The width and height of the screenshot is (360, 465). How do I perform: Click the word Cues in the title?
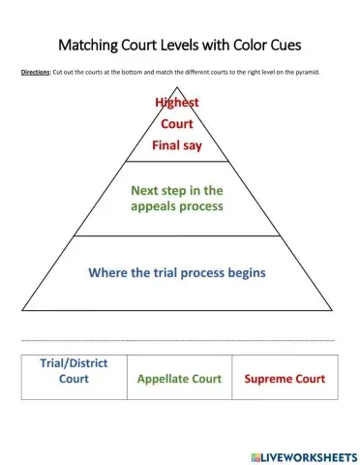[x=302, y=45]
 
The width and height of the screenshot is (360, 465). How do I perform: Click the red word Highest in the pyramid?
[x=176, y=103]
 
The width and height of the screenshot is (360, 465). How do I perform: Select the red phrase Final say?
[x=176, y=146]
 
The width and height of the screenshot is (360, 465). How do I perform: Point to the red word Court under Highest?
[x=176, y=124]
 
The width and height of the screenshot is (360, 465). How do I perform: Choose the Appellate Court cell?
[x=179, y=379]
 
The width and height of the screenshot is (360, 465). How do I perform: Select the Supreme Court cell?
[x=285, y=379]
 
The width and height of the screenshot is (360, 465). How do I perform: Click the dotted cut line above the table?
[x=179, y=340]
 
